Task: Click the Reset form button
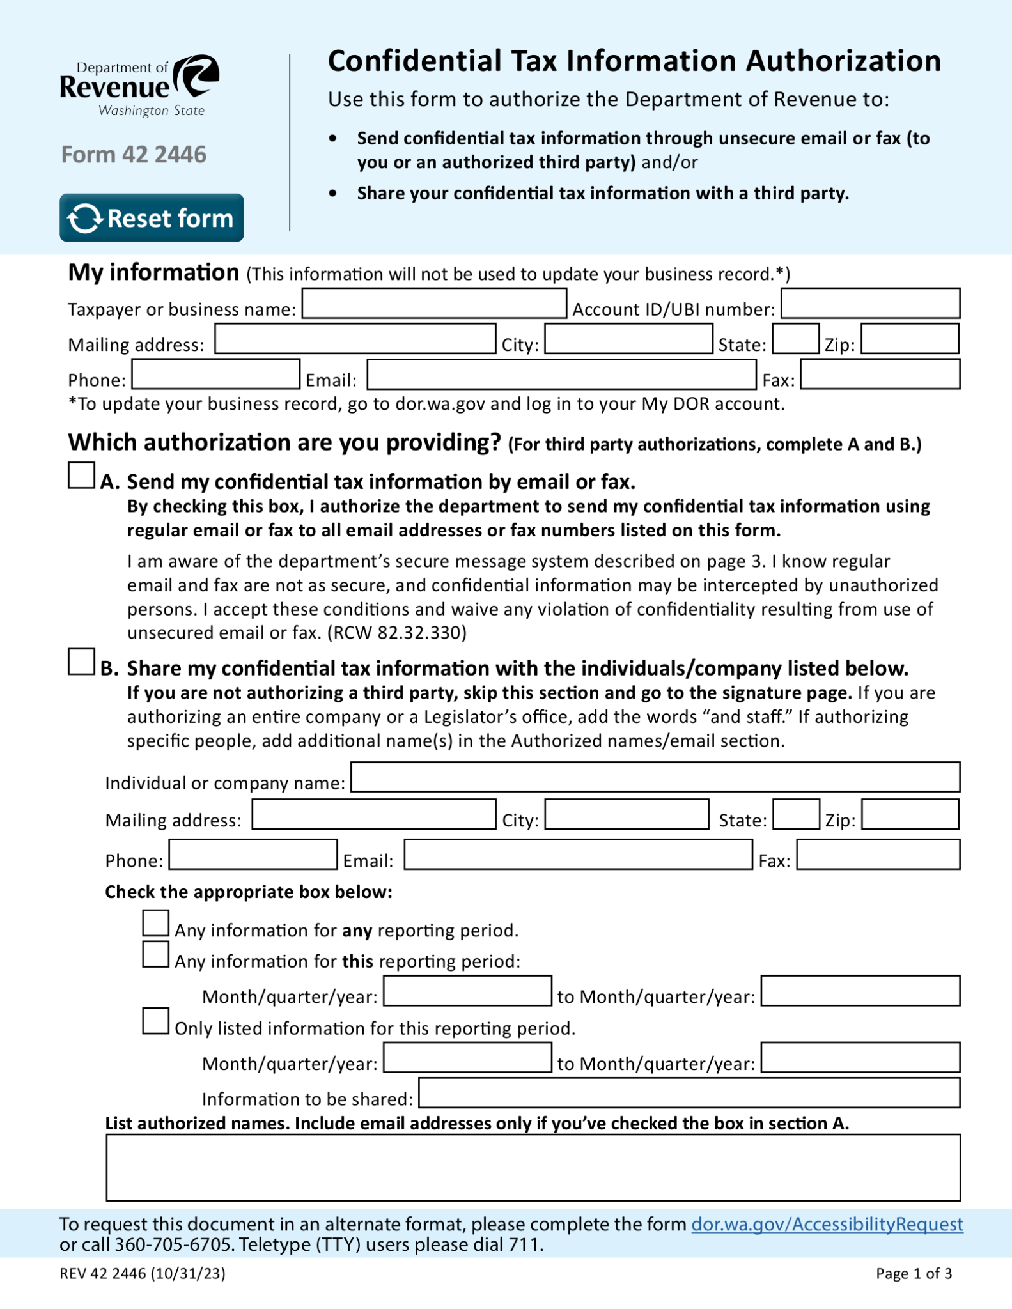click(152, 218)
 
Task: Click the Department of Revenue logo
click(139, 86)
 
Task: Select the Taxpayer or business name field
click(434, 304)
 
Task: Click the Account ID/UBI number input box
click(870, 304)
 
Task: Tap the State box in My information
click(795, 339)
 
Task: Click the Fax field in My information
click(880, 375)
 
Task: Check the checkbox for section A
click(81, 476)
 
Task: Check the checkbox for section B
click(81, 662)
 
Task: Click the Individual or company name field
click(655, 777)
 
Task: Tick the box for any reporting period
click(155, 924)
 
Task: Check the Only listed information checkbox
click(155, 1021)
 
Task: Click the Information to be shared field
click(689, 1093)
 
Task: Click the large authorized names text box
click(533, 1168)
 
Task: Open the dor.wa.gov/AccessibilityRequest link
click(827, 1225)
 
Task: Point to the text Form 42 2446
click(134, 155)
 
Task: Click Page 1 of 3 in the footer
click(914, 1274)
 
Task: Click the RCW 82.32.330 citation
click(396, 633)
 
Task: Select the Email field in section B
click(578, 855)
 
